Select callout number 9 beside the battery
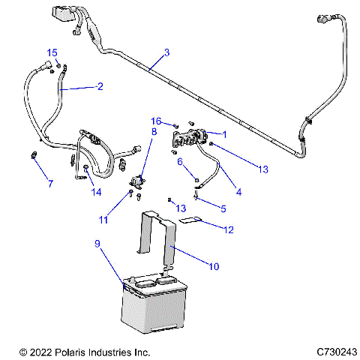97,244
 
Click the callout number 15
52,52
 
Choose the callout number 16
156,121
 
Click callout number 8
154,131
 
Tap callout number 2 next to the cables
99,86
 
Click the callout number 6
180,160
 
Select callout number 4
238,192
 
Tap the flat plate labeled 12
193,220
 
